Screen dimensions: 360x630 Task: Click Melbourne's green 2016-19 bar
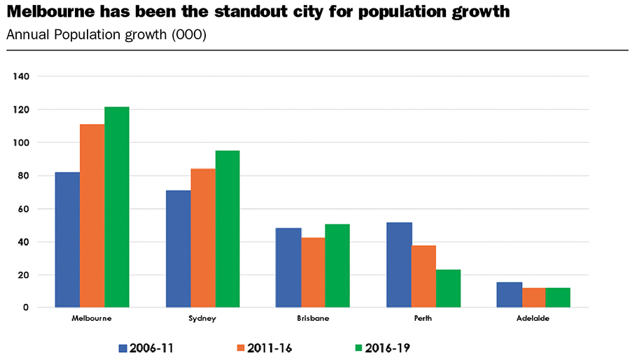point(117,207)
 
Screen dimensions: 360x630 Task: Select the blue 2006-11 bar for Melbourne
point(67,240)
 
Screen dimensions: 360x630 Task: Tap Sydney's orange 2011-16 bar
point(203,238)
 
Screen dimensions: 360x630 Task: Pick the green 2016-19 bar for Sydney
point(227,229)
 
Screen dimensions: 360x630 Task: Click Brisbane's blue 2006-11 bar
point(288,268)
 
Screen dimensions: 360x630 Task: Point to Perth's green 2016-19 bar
point(449,289)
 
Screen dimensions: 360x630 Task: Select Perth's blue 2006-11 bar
point(399,265)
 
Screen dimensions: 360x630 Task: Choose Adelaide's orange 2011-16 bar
point(533,298)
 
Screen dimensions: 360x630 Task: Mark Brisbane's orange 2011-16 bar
point(313,272)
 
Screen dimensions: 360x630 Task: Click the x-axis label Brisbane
point(312,319)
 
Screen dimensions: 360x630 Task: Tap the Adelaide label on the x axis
point(533,319)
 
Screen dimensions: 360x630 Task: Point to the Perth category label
point(423,319)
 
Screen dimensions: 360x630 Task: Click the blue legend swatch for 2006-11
point(122,346)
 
